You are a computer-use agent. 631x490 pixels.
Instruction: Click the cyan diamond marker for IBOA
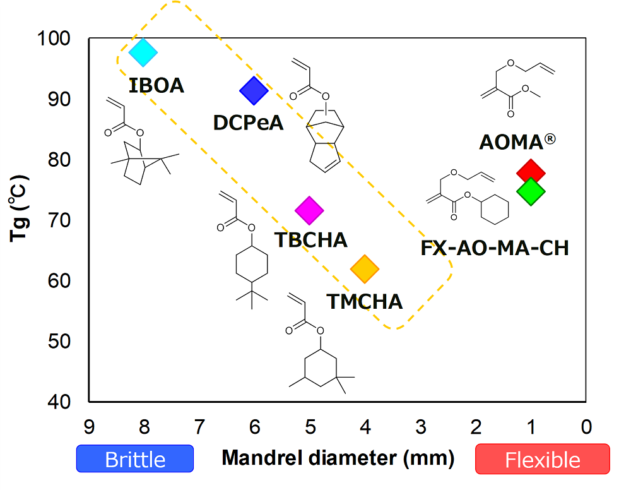coord(143,52)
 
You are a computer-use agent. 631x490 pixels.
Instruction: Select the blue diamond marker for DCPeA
coord(254,91)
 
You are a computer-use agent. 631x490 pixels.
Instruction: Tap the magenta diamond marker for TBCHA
coord(309,210)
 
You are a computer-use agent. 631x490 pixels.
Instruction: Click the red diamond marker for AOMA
coord(531,171)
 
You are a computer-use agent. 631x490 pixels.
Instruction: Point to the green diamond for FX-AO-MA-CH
coord(531,191)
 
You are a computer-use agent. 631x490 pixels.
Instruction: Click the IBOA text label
coord(156,85)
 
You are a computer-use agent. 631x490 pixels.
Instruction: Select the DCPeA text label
coord(248,122)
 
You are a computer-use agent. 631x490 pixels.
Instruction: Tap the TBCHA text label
coord(311,240)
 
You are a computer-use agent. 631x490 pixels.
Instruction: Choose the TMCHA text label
coord(364,301)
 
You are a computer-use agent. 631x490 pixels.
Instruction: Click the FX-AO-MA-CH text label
coord(495,248)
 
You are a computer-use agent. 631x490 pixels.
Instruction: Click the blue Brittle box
coord(134,459)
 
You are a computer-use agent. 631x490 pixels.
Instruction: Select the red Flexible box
coord(543,459)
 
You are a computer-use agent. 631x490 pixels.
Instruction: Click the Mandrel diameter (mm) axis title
coord(338,457)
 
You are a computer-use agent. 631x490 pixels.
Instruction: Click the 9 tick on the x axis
coord(89,427)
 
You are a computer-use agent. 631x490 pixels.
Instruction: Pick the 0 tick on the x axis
coord(586,427)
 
